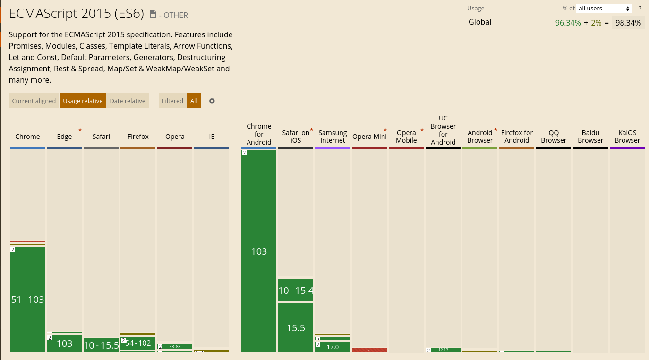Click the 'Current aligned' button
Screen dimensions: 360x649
click(x=34, y=101)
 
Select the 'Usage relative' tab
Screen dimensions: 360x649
click(x=83, y=101)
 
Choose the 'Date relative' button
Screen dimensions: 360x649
click(x=128, y=101)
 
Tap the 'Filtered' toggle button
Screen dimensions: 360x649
click(x=172, y=101)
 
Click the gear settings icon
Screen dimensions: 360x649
click(x=212, y=101)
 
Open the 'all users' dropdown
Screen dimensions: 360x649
click(x=605, y=9)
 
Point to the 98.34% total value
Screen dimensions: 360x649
click(x=628, y=23)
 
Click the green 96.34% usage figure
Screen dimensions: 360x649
click(x=568, y=23)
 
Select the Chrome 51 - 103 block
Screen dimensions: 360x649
click(x=27, y=299)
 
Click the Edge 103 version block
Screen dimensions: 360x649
click(x=64, y=343)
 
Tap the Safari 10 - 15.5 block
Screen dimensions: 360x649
click(x=101, y=345)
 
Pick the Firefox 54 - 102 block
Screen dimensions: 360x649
click(x=138, y=343)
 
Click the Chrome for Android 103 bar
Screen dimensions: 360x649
click(x=259, y=251)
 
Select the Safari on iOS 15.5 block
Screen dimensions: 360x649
click(x=296, y=327)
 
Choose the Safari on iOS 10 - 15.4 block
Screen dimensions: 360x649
click(x=296, y=291)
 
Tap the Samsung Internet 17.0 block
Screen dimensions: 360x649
click(x=333, y=347)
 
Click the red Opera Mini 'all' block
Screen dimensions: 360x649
click(x=369, y=350)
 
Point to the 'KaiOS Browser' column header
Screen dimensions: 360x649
click(x=627, y=137)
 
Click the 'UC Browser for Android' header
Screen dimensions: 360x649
click(x=443, y=130)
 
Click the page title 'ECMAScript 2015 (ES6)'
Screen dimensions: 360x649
click(x=76, y=14)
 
